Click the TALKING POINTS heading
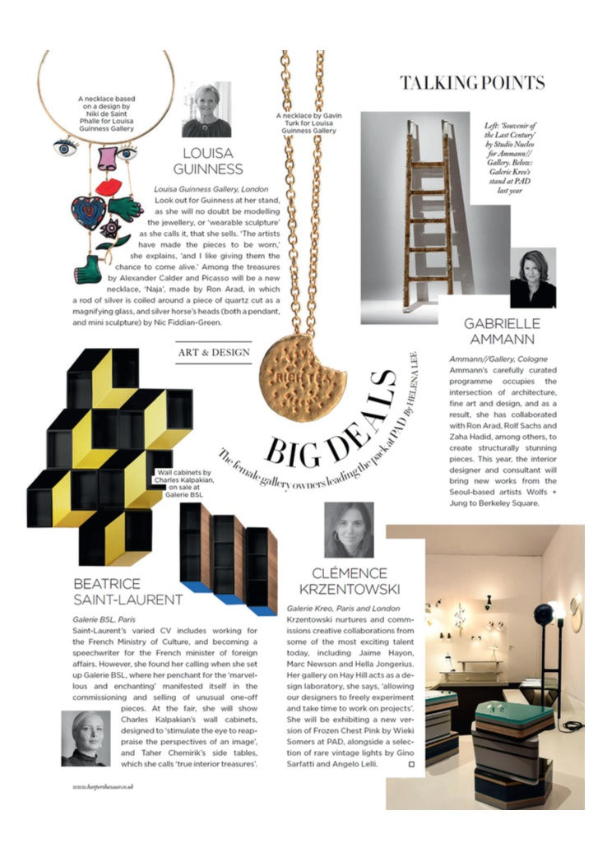[x=471, y=82]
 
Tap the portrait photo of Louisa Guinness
[x=206, y=110]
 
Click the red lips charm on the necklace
[x=108, y=188]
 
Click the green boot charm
[x=88, y=269]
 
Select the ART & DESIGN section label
[x=212, y=353]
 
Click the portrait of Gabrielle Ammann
[x=532, y=278]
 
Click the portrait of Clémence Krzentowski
[x=349, y=530]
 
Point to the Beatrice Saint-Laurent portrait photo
[x=86, y=738]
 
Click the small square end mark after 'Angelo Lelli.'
[x=411, y=765]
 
